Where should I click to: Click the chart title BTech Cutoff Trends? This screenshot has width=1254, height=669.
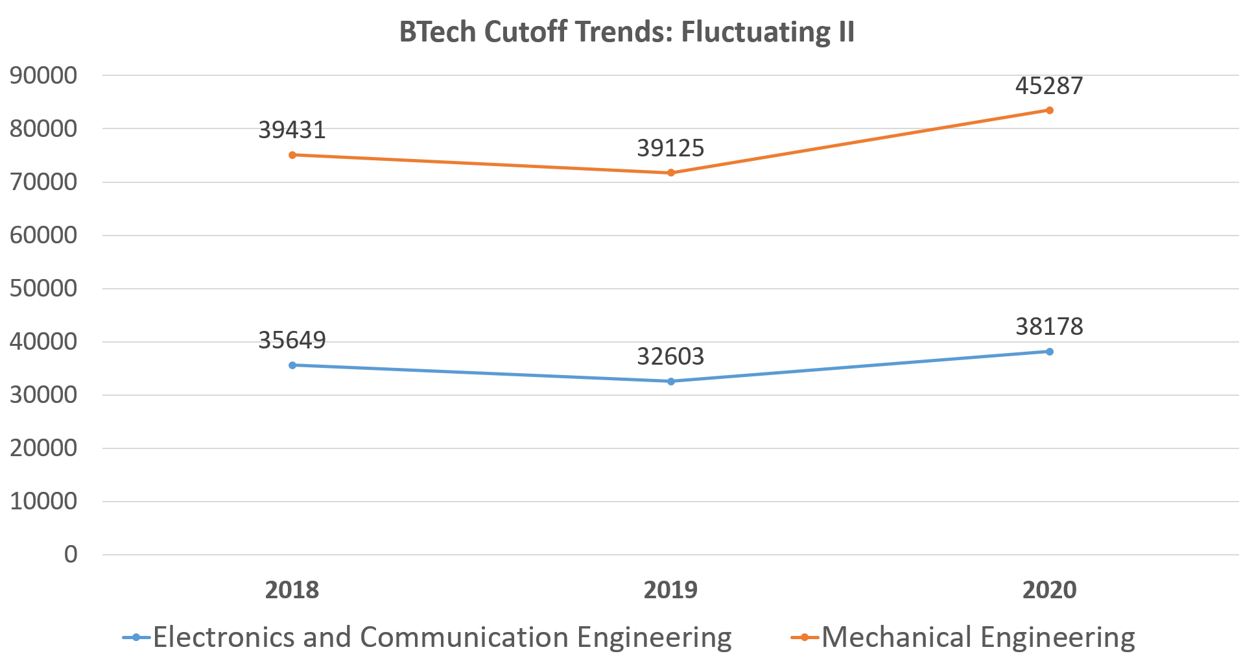pyautogui.click(x=626, y=32)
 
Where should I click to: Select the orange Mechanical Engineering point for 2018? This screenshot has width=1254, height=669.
pyautogui.click(x=292, y=155)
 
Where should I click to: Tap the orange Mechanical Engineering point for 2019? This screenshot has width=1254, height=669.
pyautogui.click(x=671, y=173)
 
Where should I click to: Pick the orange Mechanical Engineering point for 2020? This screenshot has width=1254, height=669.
pyautogui.click(x=1050, y=110)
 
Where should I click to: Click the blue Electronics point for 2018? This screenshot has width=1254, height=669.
pyautogui.click(x=292, y=365)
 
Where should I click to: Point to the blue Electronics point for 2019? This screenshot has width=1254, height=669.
pyautogui.click(x=671, y=382)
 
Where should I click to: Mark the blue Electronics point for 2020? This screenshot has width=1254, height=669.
pyautogui.click(x=1050, y=352)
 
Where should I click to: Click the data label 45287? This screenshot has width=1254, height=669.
pyautogui.click(x=1049, y=86)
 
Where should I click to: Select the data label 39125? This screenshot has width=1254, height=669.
pyautogui.click(x=670, y=149)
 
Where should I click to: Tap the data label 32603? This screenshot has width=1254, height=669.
pyautogui.click(x=670, y=357)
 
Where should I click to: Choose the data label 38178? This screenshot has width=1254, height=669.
pyautogui.click(x=1049, y=326)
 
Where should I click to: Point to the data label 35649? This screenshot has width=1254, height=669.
pyautogui.click(x=292, y=340)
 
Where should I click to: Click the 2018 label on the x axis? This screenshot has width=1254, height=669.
pyautogui.click(x=292, y=590)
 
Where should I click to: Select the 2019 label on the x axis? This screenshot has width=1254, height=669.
pyautogui.click(x=670, y=590)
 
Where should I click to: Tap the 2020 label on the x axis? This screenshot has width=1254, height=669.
pyautogui.click(x=1049, y=590)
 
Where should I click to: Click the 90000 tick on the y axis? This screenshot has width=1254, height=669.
pyautogui.click(x=43, y=76)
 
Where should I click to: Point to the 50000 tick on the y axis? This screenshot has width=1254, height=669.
pyautogui.click(x=43, y=289)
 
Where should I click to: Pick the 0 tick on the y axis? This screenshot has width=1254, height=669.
pyautogui.click(x=71, y=555)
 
